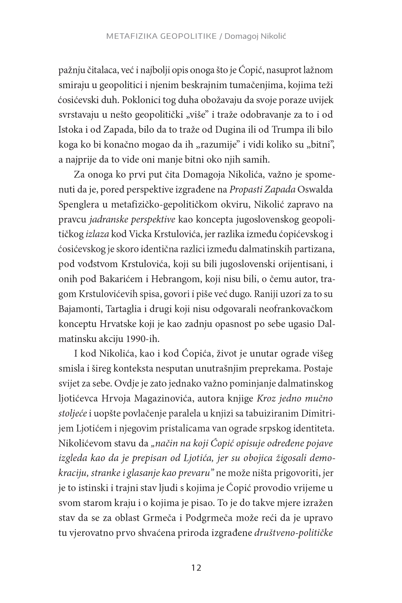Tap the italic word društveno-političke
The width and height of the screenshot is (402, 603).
[x=293, y=533]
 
